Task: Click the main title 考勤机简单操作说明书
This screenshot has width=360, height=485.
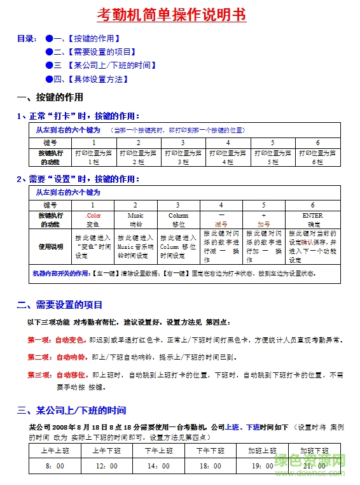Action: (172, 15)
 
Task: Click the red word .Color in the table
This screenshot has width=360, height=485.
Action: (93, 216)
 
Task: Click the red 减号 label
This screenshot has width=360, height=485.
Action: (221, 224)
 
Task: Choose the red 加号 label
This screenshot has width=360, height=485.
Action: (263, 224)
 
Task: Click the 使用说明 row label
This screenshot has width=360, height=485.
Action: (50, 246)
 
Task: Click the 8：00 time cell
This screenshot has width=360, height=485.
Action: (55, 466)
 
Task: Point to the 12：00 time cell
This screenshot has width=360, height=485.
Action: (107, 466)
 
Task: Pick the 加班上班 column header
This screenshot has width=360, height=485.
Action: (262, 451)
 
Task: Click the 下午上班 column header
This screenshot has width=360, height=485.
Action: (158, 451)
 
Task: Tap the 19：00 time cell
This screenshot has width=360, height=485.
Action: (262, 466)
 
